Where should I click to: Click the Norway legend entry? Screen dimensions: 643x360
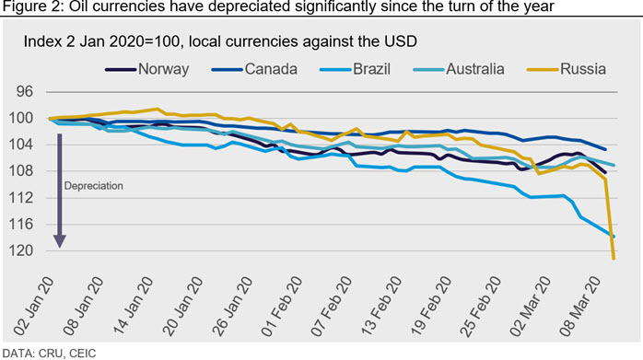[x=147, y=69]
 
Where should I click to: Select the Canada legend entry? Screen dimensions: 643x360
[x=254, y=69]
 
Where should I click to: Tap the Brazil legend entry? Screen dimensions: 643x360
[x=356, y=69]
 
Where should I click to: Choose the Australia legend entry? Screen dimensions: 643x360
[x=459, y=69]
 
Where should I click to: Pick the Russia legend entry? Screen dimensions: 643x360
[x=567, y=69]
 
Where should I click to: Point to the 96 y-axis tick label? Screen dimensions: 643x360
[x=25, y=91]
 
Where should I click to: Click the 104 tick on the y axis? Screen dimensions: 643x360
[x=20, y=145]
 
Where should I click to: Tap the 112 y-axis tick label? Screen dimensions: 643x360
[x=20, y=198]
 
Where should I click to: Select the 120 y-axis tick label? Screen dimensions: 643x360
[x=20, y=250]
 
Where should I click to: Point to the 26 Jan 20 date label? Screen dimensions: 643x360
[x=232, y=307]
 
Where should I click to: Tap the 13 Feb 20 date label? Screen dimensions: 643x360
[x=381, y=307]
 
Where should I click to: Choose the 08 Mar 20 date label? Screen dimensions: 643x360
[x=579, y=307]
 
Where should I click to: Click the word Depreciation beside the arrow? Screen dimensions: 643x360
[x=93, y=186]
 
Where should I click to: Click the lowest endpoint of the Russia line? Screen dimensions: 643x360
[x=614, y=259]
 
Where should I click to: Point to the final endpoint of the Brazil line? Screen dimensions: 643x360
[x=614, y=237]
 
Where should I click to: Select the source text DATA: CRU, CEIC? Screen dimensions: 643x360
[x=49, y=354]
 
